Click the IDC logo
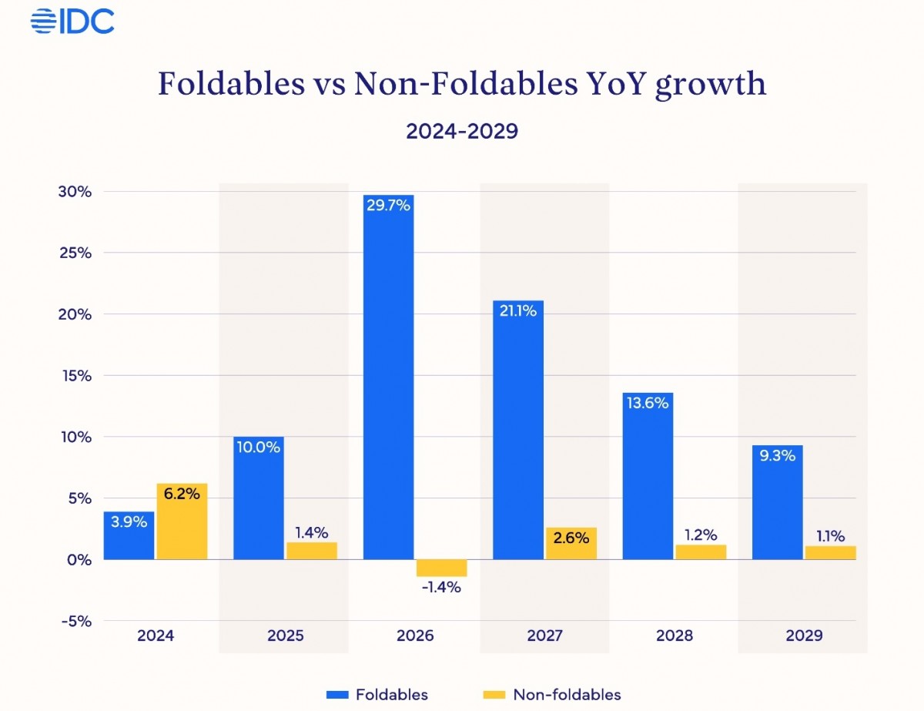(x=72, y=21)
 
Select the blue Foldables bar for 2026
(x=388, y=377)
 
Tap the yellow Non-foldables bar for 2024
(x=182, y=521)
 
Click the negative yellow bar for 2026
(x=441, y=568)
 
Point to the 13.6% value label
(x=648, y=403)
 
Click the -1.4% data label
(x=441, y=587)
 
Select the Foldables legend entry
(x=377, y=695)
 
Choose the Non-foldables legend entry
(x=553, y=695)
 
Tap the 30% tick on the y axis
(x=75, y=192)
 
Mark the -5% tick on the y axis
(x=75, y=621)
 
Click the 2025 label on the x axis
(x=285, y=636)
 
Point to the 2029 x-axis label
(x=804, y=636)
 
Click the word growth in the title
(x=710, y=84)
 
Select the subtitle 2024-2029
(x=462, y=131)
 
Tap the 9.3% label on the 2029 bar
(x=777, y=455)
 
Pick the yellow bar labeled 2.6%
(x=571, y=543)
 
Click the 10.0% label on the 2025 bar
(x=258, y=447)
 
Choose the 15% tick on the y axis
(x=75, y=376)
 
